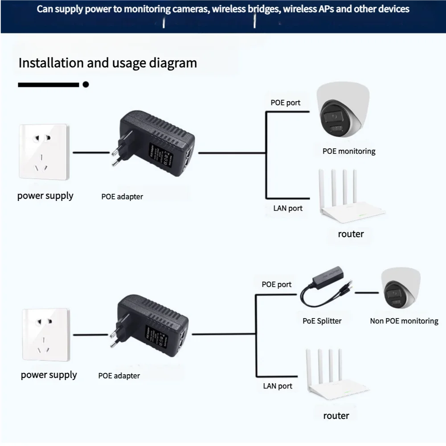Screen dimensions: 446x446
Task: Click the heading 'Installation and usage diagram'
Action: [x=107, y=63]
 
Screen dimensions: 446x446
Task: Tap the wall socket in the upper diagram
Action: [x=43, y=152]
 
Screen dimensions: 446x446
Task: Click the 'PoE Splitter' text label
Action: [x=322, y=321]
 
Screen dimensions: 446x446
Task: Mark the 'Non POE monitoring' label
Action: [x=404, y=321]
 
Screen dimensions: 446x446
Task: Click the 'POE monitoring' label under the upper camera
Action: [x=349, y=151]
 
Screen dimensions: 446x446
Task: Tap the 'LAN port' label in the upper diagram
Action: [x=288, y=208]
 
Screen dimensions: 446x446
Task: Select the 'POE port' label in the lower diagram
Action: [x=277, y=284]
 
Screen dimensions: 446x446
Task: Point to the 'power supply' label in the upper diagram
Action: [x=45, y=196]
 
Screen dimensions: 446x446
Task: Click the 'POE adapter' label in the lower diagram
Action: [x=119, y=376]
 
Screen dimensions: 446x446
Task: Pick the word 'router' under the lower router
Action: [x=336, y=415]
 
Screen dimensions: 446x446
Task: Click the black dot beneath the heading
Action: [x=86, y=84]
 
